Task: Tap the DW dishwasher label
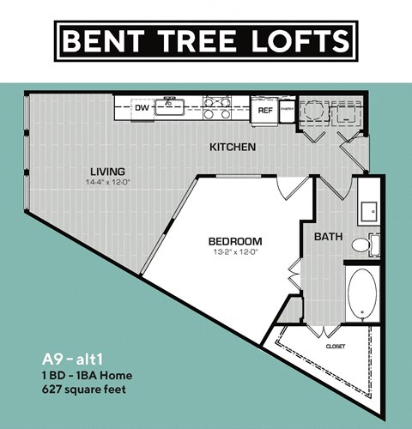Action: (142, 109)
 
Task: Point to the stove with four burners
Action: (218, 108)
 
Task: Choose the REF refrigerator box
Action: (265, 110)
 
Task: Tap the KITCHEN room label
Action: (233, 148)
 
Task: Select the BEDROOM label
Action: (235, 241)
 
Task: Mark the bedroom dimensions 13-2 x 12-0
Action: (235, 252)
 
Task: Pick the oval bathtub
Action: (361, 292)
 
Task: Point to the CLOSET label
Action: (336, 347)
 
